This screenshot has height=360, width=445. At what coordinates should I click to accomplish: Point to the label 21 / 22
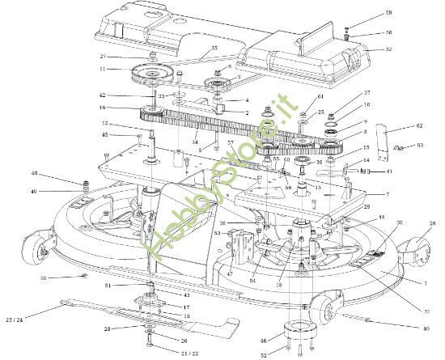[x=189, y=354]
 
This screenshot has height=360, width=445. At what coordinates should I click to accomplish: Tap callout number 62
[x=419, y=125]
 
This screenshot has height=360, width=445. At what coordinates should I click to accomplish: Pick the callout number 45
[x=105, y=135]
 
